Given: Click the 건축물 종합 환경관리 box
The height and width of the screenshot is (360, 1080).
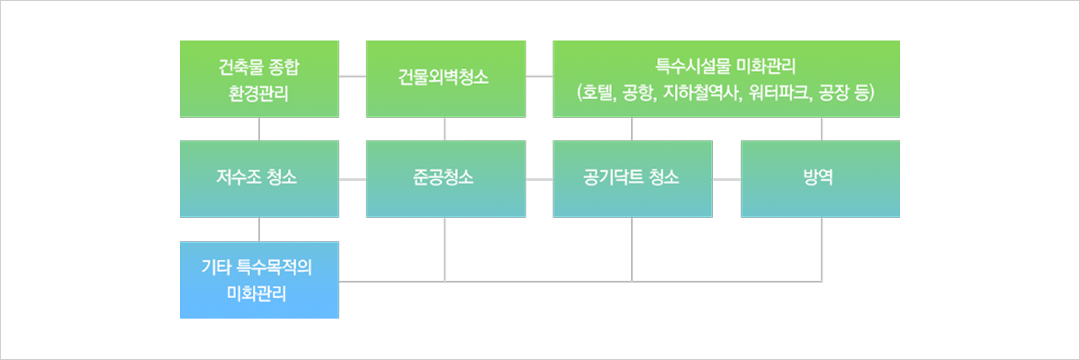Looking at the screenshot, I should (x=259, y=78).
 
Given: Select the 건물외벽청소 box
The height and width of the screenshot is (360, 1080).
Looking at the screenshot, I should (x=445, y=78).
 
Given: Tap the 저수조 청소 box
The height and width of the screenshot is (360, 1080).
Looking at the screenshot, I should (x=259, y=178).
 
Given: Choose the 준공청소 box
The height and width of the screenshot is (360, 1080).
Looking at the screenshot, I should (x=445, y=178).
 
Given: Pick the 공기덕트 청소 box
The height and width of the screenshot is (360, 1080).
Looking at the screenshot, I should (x=632, y=178).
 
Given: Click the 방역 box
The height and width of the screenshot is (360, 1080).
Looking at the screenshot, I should (x=819, y=178).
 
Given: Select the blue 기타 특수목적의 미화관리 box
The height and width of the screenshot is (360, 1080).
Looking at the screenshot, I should (x=259, y=279).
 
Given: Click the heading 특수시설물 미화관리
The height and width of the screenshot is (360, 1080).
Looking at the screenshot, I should (x=725, y=66).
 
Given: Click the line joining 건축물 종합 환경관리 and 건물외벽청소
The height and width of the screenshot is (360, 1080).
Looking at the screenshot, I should (x=353, y=78).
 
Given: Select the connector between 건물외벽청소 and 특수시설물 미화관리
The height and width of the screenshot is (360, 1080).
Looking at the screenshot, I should (x=538, y=78).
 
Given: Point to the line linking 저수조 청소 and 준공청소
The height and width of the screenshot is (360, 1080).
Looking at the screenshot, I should (x=353, y=179).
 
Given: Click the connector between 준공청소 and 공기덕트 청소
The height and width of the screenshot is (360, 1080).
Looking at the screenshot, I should (x=538, y=179).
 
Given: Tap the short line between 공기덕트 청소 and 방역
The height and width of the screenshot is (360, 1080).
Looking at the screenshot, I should (x=726, y=179).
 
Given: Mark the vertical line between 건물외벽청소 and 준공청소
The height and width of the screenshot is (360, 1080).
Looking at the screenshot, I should (x=445, y=129).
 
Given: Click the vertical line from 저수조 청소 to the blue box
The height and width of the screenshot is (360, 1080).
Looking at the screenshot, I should (x=259, y=229).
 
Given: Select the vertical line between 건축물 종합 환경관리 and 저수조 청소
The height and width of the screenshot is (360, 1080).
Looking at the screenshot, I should (x=259, y=129).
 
